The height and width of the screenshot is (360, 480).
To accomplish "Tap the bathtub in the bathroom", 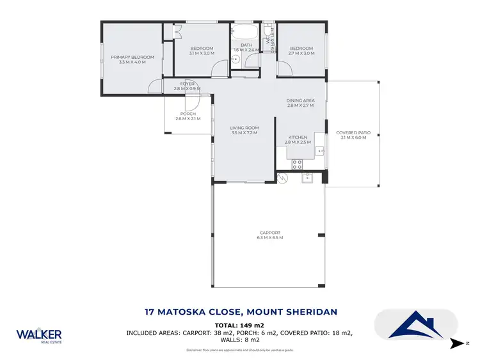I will (x=246, y=32).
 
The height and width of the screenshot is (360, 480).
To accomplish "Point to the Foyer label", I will (x=187, y=86).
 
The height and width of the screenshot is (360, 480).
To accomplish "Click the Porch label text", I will (x=188, y=116).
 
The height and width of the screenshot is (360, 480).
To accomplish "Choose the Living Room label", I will (x=243, y=130).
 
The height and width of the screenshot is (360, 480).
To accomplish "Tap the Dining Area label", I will (x=300, y=102).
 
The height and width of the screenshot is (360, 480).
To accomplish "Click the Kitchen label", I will (x=298, y=139).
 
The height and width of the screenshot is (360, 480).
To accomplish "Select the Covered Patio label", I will (x=351, y=135).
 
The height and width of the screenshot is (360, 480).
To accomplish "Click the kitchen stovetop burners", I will (x=297, y=164).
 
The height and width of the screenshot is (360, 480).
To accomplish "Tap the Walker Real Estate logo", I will (x=39, y=336).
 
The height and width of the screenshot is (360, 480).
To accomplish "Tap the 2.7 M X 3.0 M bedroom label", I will (x=301, y=51).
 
